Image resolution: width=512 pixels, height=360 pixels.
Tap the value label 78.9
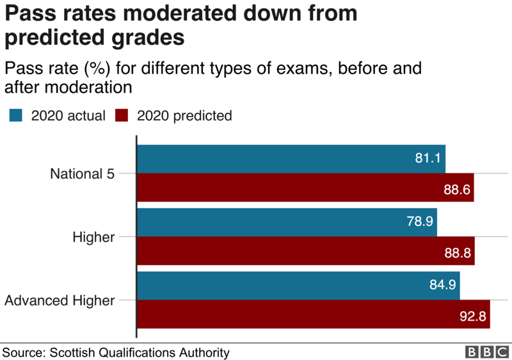[x=420, y=222]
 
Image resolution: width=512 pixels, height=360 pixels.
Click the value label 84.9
[x=443, y=286]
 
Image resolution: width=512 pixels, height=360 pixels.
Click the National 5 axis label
[x=83, y=174]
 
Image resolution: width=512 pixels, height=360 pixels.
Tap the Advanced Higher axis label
[x=60, y=300]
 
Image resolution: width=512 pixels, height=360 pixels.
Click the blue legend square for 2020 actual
[x=15, y=115]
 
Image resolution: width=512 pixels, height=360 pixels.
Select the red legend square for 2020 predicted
[x=122, y=115]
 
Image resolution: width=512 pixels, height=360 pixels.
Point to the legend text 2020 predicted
[x=184, y=116]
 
